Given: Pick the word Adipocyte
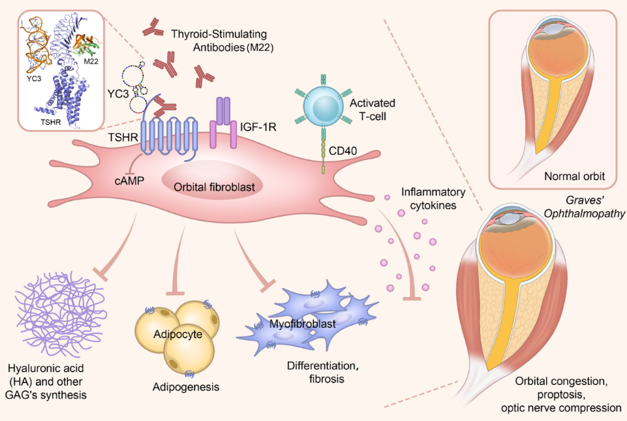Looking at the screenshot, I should pyautogui.click(x=179, y=334).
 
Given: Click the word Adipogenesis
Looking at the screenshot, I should pyautogui.click(x=186, y=387).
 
